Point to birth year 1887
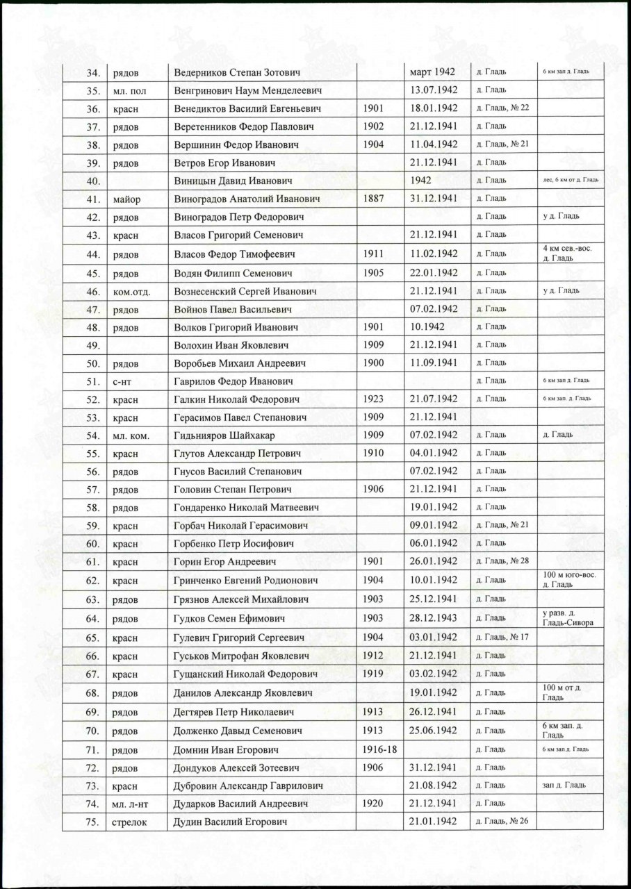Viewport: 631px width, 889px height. click(373, 199)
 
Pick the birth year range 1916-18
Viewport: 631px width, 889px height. click(379, 750)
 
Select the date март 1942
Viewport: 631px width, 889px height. click(431, 72)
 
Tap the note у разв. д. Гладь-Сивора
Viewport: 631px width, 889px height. click(566, 618)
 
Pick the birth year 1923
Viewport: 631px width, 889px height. click(373, 399)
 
